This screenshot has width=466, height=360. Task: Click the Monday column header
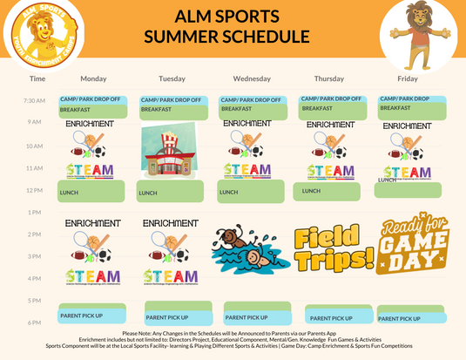pyautogui.click(x=87, y=78)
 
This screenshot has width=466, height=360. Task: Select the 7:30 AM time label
pyautogui.click(x=35, y=100)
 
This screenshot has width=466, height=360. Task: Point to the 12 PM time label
pyautogui.click(x=35, y=190)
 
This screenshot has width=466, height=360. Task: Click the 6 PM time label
pyautogui.click(x=35, y=323)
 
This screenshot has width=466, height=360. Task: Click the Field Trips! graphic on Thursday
pyautogui.click(x=334, y=247)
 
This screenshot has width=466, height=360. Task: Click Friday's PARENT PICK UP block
pyautogui.click(x=409, y=317)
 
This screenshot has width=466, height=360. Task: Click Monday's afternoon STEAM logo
pyautogui.click(x=91, y=276)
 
